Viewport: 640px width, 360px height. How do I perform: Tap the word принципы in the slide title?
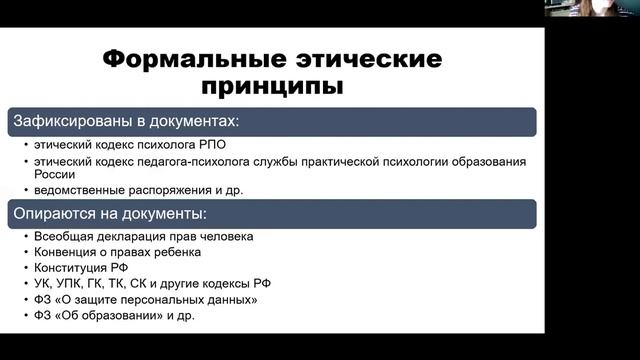[x=272, y=86]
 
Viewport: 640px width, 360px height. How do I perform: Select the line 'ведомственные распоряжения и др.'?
[x=124, y=189]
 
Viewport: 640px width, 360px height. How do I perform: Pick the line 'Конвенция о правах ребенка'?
[x=110, y=253]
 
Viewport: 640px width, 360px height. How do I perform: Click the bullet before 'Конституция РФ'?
[x=24, y=269]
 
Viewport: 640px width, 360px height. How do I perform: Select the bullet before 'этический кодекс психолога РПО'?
[x=24, y=144]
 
